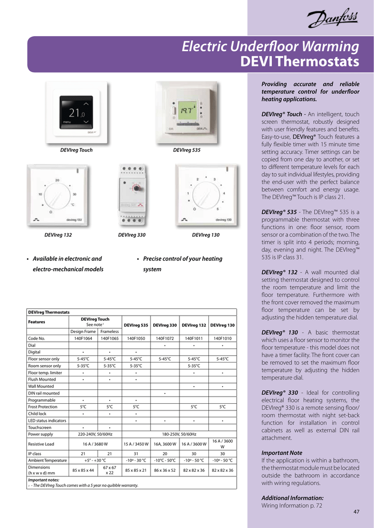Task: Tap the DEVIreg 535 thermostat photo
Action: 187,112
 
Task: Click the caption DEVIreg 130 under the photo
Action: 206,235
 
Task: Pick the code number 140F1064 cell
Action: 83,338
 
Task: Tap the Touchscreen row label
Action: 40,427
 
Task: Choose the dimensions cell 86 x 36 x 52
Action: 165,470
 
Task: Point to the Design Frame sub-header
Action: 83,332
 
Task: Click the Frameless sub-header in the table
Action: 109,332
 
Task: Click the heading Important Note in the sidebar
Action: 282,453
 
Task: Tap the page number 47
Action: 356,511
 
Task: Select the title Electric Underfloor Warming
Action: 271,47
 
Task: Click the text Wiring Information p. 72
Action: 291,506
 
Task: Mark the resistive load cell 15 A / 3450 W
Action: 136,443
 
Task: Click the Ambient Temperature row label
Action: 47,460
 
